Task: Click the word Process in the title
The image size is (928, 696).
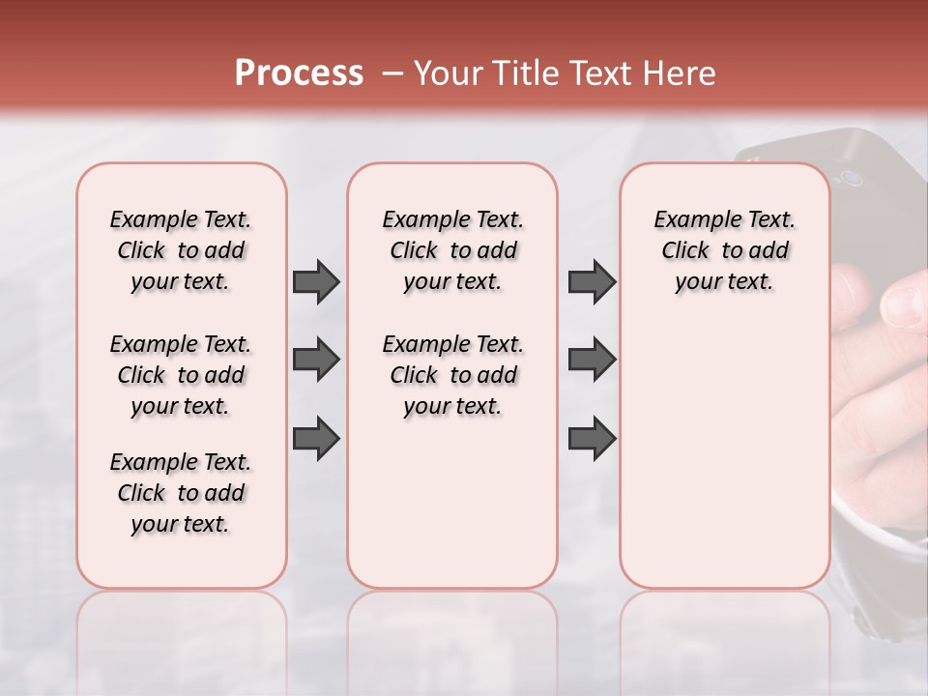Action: [299, 73]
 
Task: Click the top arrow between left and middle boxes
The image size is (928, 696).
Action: [316, 281]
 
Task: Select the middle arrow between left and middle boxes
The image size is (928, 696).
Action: [316, 360]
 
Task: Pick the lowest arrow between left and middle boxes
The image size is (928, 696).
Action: [316, 438]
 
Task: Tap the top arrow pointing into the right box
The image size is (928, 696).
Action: [592, 281]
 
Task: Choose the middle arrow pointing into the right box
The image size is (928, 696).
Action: [592, 360]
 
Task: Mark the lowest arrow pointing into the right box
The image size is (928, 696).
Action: [592, 438]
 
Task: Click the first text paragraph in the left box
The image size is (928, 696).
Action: [181, 250]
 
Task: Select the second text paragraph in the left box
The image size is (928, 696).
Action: [181, 375]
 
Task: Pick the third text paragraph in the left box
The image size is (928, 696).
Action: [181, 493]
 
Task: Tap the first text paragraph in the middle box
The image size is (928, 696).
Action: [452, 250]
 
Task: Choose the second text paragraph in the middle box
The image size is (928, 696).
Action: [452, 375]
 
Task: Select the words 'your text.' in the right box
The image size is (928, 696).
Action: [724, 282]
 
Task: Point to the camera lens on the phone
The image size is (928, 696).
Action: [851, 179]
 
